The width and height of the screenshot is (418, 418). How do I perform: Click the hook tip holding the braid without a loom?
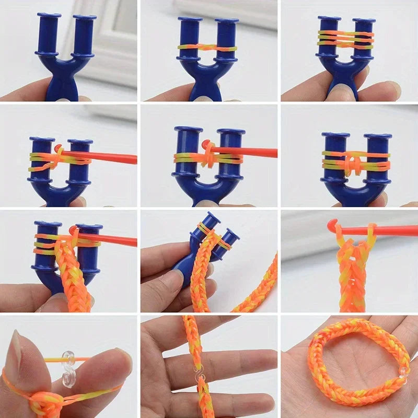click(332, 226)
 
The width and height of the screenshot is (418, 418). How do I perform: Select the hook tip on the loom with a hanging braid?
click(74, 230)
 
